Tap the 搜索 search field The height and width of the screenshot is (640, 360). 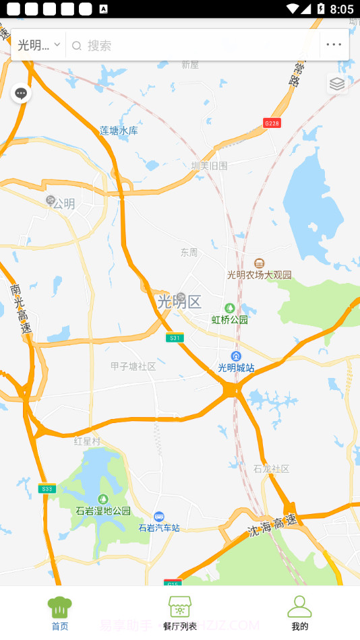[196, 45]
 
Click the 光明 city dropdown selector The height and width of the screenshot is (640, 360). [38, 45]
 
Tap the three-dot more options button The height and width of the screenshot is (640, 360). [334, 45]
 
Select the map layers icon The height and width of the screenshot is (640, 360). [337, 84]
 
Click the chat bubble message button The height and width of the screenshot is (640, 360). [21, 93]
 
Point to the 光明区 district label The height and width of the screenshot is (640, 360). [179, 301]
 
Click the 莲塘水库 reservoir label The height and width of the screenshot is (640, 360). [119, 131]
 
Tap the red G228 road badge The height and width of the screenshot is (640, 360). [272, 123]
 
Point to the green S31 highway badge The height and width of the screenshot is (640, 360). [175, 338]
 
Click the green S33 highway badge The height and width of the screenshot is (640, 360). [47, 488]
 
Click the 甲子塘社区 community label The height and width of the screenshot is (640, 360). [133, 366]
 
